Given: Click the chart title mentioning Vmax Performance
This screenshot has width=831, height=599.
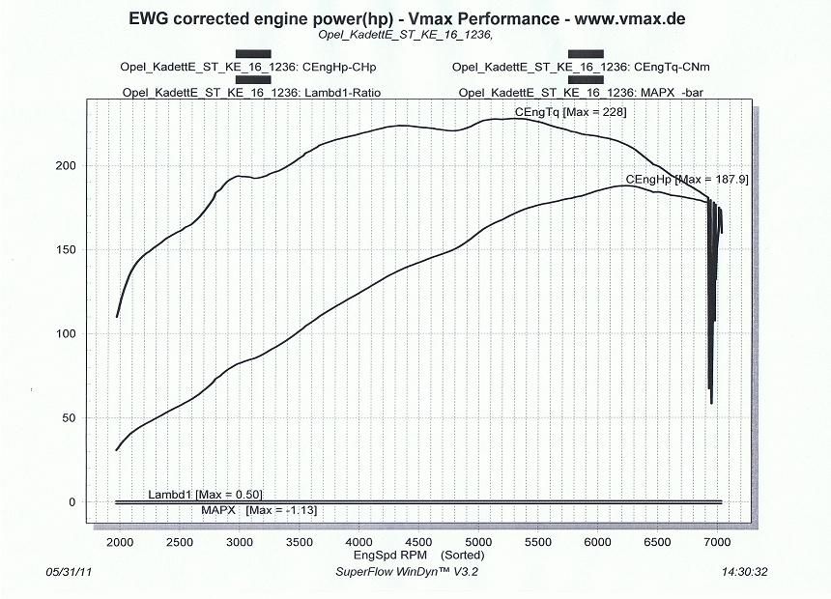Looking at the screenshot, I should click(415, 18).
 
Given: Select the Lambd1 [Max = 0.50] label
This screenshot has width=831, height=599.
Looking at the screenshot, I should click(205, 495).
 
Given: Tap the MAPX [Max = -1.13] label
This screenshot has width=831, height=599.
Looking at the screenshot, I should click(260, 509).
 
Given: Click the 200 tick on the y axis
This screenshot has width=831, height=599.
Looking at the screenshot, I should click(66, 165).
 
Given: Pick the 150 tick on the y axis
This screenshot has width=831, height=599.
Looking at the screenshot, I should click(66, 249).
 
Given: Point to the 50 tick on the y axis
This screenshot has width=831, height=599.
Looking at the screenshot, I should click(70, 418).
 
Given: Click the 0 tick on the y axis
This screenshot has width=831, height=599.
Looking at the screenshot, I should click(72, 502).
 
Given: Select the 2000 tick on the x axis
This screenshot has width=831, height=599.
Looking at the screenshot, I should click(119, 542).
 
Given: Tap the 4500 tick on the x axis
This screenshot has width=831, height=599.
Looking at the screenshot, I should click(418, 542).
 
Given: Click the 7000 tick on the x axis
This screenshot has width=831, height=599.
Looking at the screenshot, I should click(718, 542).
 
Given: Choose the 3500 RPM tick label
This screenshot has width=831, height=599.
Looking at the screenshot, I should click(299, 542).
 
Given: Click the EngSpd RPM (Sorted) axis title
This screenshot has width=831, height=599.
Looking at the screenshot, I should click(418, 555).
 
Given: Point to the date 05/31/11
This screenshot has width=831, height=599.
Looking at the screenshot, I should click(69, 572).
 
